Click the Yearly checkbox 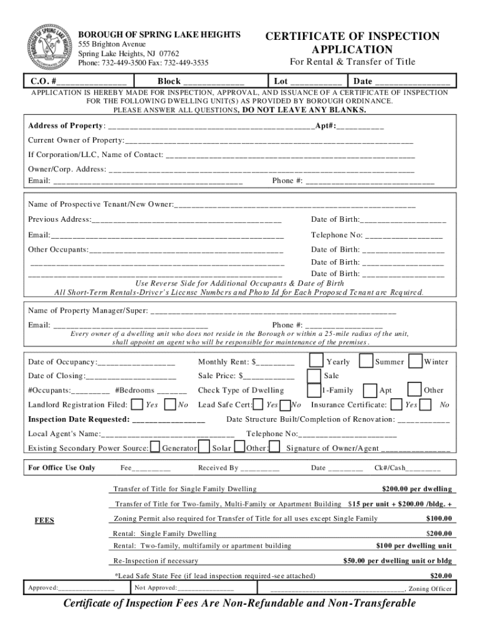click(317, 361)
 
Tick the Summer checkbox click(366, 361)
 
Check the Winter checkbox click(415, 361)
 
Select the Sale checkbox click(314, 376)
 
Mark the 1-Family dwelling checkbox click(314, 390)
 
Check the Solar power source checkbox click(205, 447)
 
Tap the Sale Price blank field click(269, 376)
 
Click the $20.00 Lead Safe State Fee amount click(441, 576)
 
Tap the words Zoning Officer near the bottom click(431, 588)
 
